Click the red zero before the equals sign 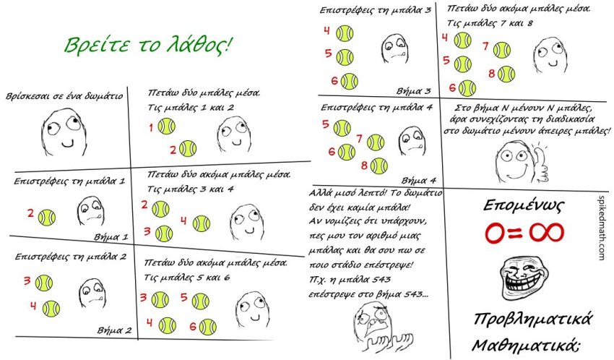click(498, 233)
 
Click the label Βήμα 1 click(111, 236)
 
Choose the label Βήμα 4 click(418, 179)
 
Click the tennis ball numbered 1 click(166, 127)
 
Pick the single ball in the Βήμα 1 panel click(47, 216)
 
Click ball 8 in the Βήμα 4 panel click(379, 166)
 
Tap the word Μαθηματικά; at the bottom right click(527, 342)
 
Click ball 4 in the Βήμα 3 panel click(345, 33)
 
